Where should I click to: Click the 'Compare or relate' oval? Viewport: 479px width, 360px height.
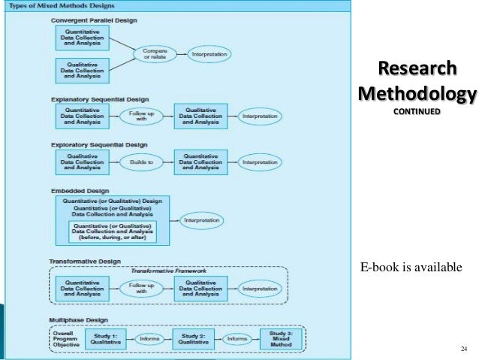[155, 54]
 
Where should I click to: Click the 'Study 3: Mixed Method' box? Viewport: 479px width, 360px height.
[276, 339]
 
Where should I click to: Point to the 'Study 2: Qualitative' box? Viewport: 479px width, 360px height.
[193, 339]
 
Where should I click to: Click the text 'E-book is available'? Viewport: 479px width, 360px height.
[411, 267]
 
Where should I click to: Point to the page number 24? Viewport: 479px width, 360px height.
[462, 348]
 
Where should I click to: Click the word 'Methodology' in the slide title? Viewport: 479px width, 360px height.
[417, 95]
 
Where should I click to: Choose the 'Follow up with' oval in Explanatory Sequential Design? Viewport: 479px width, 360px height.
[142, 116]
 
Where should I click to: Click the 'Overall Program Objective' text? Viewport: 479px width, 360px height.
[68, 339]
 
